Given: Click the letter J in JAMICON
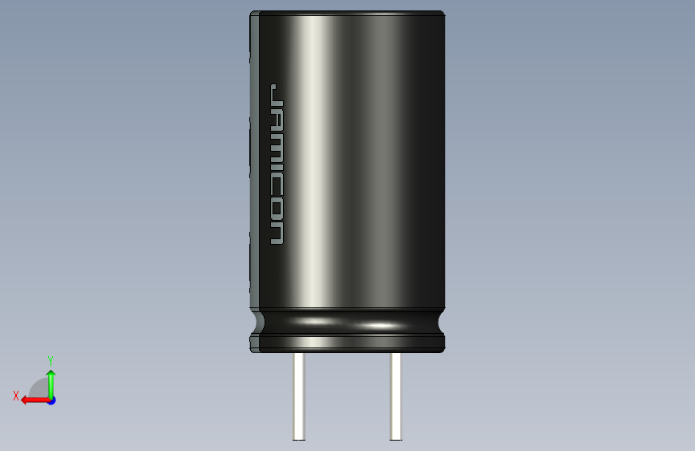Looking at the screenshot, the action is point(277,93).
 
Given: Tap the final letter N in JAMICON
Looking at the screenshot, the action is point(277,232).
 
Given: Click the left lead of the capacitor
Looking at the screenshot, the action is point(299,396).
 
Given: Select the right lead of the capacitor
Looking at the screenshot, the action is point(396,396).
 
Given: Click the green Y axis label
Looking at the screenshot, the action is point(51,360).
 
